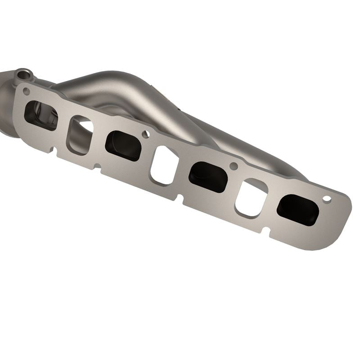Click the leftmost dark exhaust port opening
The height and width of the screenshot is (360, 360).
(40, 115)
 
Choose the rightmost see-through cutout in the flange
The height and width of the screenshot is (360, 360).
(251, 198)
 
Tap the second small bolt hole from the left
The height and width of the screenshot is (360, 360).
(146, 134)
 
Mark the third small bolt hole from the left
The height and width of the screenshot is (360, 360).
(234, 166)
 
